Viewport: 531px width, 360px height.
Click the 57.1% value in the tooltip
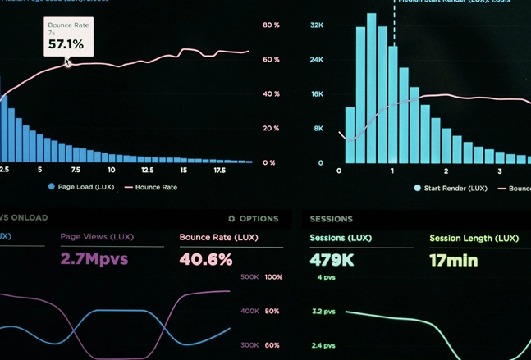66,44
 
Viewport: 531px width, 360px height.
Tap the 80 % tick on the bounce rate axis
271,25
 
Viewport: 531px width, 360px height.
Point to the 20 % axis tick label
271,129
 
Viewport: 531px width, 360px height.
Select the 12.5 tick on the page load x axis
147,171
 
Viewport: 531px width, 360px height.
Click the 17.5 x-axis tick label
220,171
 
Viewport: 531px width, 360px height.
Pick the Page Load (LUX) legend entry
81,187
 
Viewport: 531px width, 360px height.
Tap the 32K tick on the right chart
317,25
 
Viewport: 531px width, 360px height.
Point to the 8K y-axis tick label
318,129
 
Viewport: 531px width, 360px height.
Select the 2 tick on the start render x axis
446,171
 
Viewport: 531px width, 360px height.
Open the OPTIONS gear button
253,219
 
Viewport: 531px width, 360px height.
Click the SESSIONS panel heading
331,219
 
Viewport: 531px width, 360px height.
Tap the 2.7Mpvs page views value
94,260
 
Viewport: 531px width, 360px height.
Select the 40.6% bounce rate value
206,260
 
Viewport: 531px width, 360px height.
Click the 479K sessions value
332,261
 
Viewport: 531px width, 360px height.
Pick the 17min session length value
453,261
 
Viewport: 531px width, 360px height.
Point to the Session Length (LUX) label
474,239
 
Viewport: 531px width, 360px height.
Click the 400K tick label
249,312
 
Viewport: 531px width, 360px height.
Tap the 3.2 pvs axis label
323,312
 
